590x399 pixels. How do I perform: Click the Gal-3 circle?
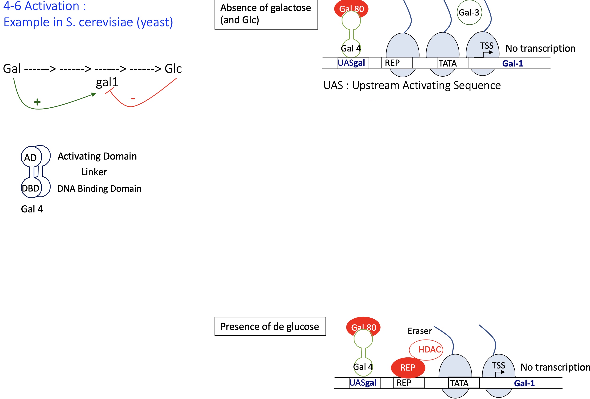469,12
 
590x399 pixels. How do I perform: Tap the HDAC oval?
426,349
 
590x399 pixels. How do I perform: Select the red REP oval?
408,367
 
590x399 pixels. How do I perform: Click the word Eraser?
420,331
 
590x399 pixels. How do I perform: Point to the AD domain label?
30,158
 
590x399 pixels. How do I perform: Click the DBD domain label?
31,188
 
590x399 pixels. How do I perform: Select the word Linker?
94,172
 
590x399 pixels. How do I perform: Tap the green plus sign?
37,102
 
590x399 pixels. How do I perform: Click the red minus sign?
133,99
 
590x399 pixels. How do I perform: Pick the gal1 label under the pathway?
107,82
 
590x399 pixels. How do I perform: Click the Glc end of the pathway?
173,69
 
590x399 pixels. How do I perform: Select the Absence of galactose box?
266,15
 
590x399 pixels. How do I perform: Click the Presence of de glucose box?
270,326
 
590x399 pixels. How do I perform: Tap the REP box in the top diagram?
397,63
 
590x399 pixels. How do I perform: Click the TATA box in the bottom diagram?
464,383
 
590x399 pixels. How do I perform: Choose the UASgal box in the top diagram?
353,63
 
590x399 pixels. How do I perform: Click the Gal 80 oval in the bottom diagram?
363,327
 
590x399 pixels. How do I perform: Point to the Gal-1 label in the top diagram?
513,63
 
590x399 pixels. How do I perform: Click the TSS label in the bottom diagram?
498,365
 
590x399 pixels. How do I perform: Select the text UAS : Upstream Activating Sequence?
412,85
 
